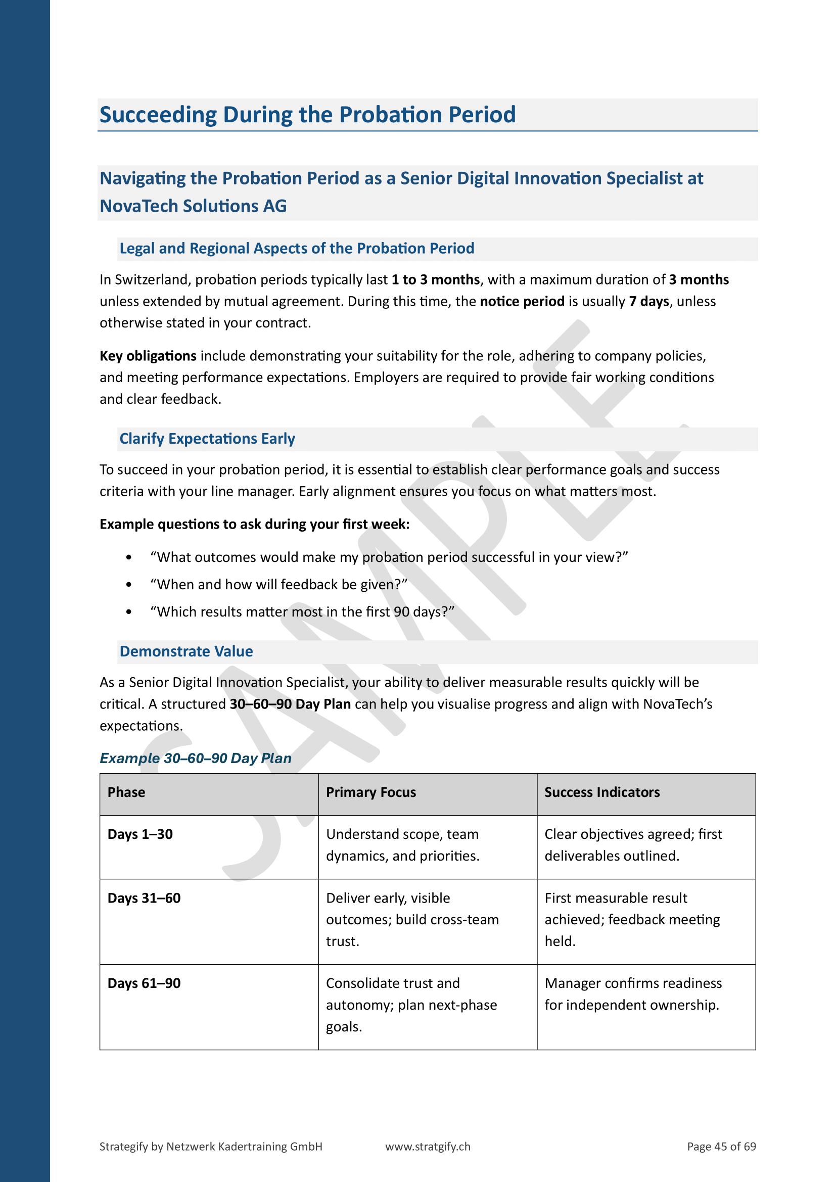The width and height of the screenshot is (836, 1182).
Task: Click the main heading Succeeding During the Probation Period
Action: tap(307, 115)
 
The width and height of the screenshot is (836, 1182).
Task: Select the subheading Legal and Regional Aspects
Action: tap(297, 249)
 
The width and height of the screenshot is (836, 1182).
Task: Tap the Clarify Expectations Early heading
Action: tap(207, 439)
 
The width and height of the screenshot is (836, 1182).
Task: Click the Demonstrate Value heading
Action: tap(186, 651)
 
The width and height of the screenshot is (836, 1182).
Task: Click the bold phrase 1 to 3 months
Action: tap(436, 279)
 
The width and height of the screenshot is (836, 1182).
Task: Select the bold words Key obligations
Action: tap(148, 356)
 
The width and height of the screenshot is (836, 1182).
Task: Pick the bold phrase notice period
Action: tap(522, 301)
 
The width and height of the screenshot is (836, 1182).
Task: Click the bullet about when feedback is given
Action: tap(278, 584)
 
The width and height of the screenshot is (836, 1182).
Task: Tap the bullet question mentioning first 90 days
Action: tap(302, 611)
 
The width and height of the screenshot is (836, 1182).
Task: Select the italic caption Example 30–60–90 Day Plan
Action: tap(196, 759)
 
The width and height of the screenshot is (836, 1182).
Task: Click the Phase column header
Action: tap(126, 792)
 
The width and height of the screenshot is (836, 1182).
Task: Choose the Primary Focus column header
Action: tap(370, 792)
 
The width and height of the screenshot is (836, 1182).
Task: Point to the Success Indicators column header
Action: tap(602, 792)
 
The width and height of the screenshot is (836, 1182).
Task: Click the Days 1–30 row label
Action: tap(140, 834)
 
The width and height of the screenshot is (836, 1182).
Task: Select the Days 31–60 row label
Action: tap(144, 898)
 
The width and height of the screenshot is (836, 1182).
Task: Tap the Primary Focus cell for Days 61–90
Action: tap(411, 1005)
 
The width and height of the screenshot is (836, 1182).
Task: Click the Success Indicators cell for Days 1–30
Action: tap(633, 845)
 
